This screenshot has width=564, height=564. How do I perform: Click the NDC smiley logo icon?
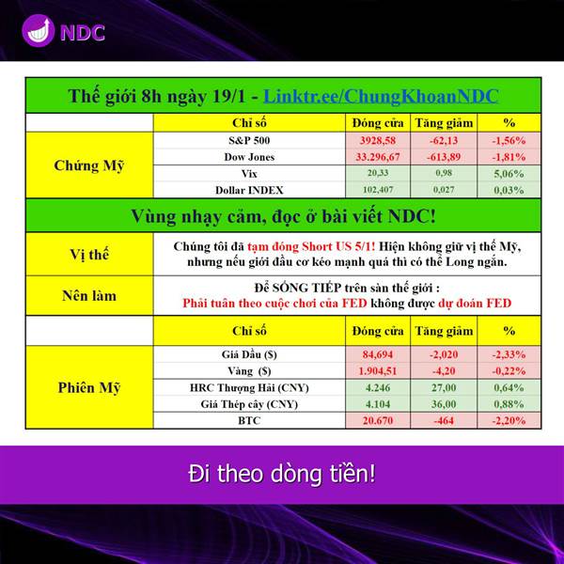click(39, 31)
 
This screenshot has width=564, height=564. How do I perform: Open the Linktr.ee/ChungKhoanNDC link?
click(381, 96)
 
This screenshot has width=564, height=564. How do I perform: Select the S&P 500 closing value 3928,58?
click(378, 140)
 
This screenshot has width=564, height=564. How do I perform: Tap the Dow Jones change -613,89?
click(444, 157)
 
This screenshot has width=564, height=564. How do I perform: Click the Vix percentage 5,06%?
click(509, 174)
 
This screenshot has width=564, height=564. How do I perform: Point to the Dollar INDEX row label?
click(249, 190)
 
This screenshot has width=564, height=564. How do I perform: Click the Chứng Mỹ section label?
click(89, 165)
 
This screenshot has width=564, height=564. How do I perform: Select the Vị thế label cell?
click(89, 255)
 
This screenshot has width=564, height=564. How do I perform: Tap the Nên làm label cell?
click(89, 296)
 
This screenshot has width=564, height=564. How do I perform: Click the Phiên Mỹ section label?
click(89, 387)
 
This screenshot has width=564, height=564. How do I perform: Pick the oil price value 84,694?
click(378, 354)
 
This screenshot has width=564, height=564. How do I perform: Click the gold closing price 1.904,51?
click(378, 371)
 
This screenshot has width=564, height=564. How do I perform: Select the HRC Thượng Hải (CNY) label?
click(249, 387)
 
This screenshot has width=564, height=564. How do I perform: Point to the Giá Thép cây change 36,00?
click(444, 404)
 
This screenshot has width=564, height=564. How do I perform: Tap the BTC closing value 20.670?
click(378, 420)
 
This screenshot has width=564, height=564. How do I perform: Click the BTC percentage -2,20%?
click(509, 420)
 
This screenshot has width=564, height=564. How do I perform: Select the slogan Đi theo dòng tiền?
click(282, 474)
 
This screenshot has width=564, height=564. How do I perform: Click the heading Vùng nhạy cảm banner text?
click(283, 216)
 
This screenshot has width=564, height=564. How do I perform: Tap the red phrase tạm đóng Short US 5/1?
click(311, 246)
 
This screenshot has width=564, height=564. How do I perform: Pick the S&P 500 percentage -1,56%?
click(509, 140)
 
